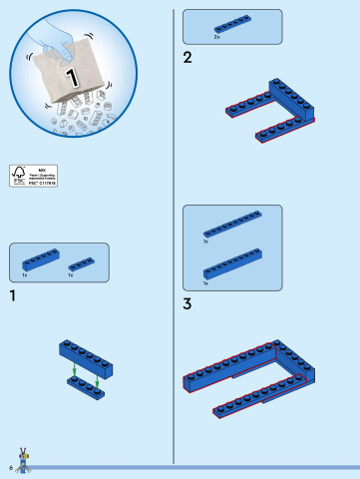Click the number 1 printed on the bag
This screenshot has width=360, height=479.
pyautogui.click(x=71, y=77)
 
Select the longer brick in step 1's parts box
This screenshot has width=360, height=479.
pyautogui.click(x=41, y=260)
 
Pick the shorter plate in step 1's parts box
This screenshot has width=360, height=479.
pyautogui.click(x=82, y=264)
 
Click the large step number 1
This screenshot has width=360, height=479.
pyautogui.click(x=12, y=295)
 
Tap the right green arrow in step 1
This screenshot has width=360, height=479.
pyautogui.click(x=99, y=382)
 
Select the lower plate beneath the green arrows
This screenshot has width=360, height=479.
pyautogui.click(x=86, y=390)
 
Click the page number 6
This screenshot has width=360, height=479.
pyautogui.click(x=9, y=467)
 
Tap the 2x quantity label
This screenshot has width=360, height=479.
pyautogui.click(x=217, y=37)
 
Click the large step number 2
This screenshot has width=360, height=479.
pyautogui.click(x=187, y=58)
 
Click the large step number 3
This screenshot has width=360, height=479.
pyautogui.click(x=187, y=303)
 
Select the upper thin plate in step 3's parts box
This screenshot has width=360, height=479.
pyautogui.click(x=232, y=225)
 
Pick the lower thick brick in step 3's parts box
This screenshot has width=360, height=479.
pyautogui.click(x=232, y=264)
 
